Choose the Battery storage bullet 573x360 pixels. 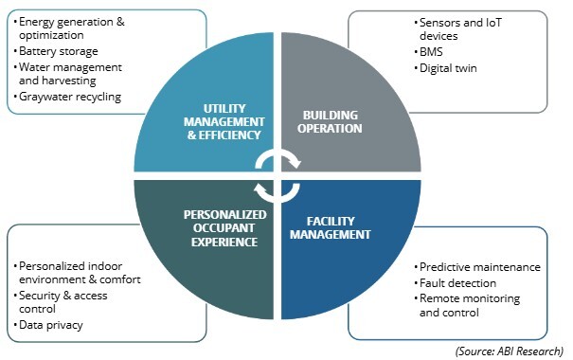(58, 51)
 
